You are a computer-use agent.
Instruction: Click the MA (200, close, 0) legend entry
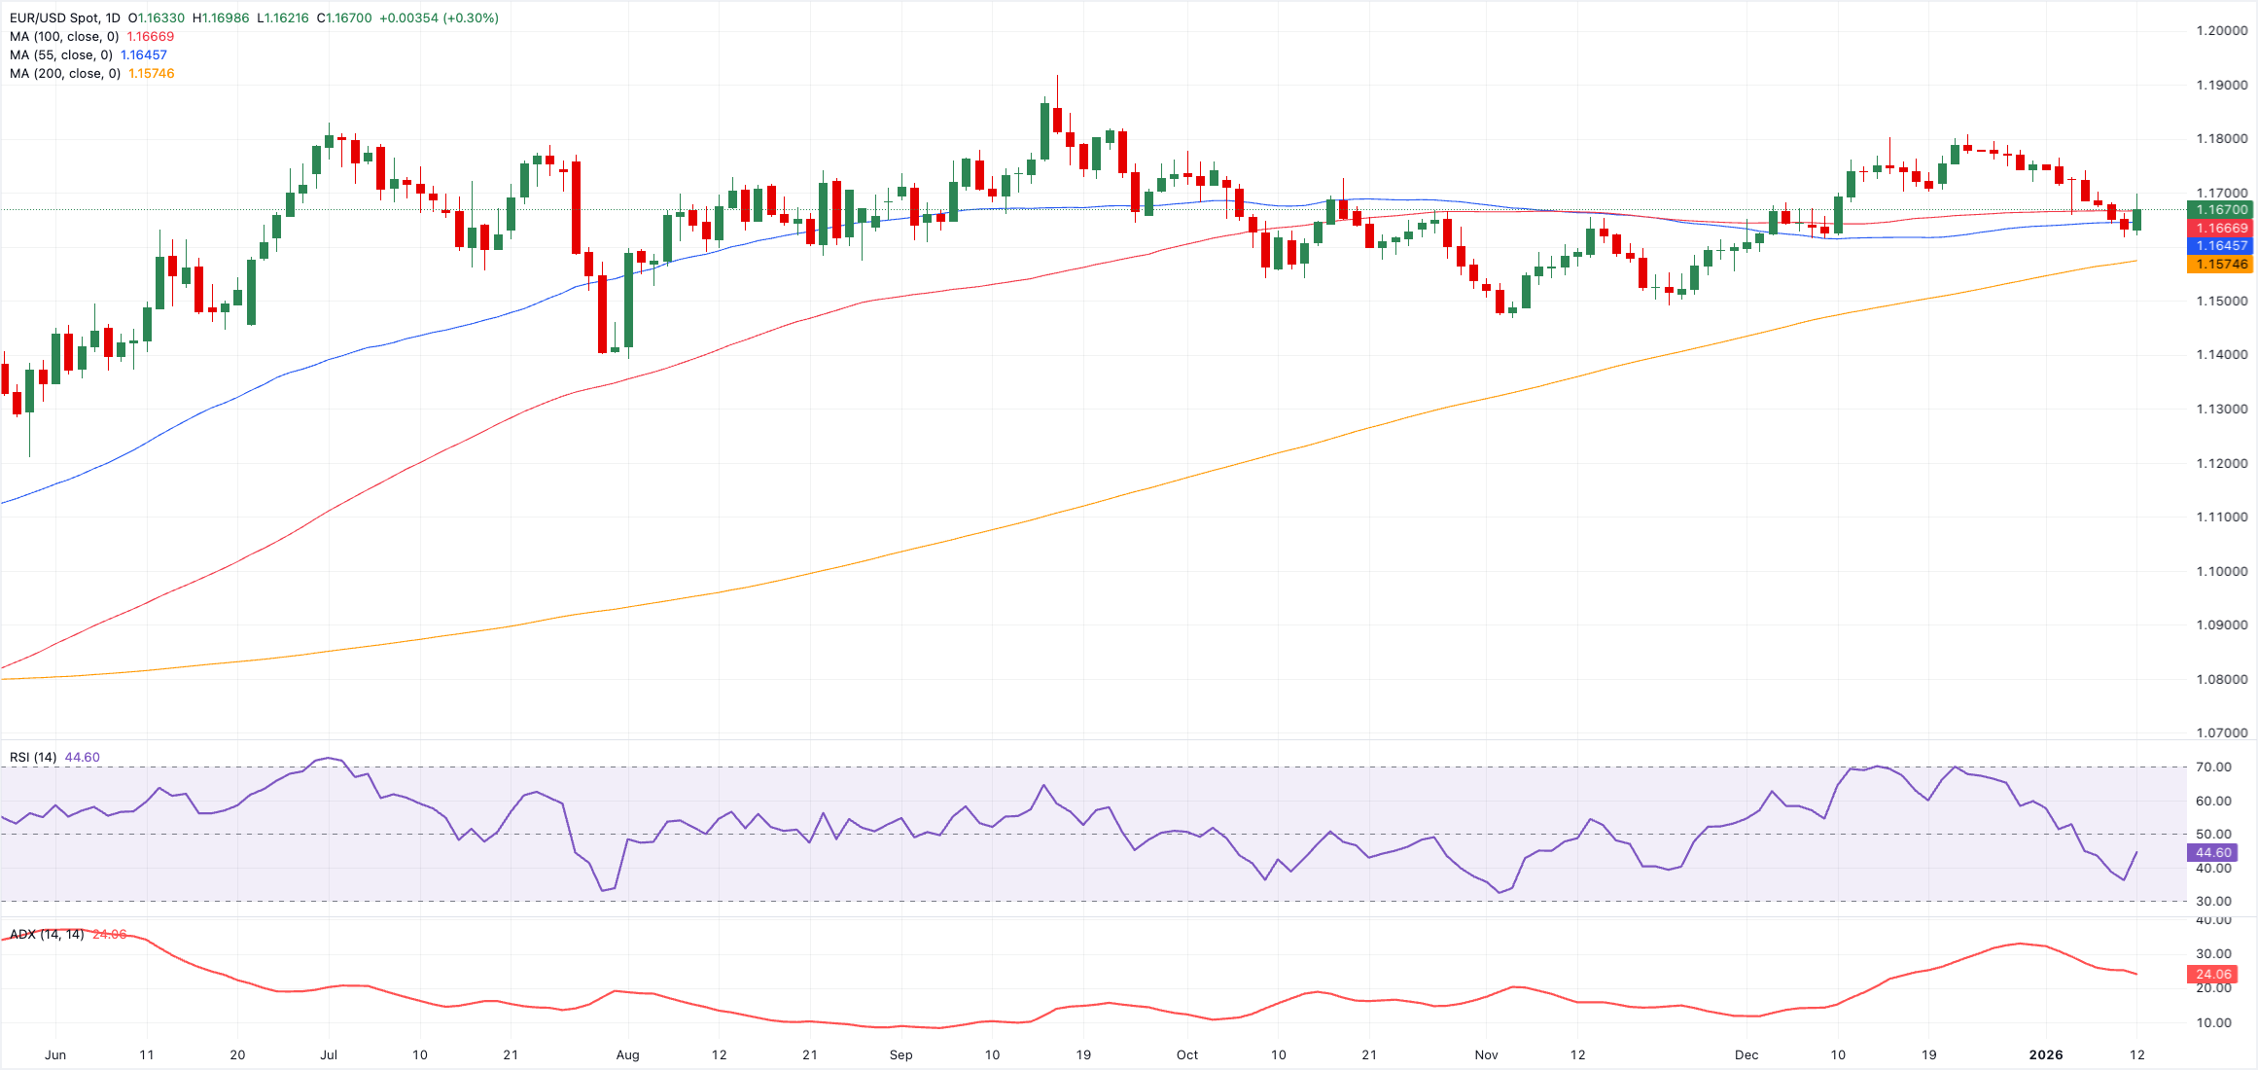[x=64, y=74]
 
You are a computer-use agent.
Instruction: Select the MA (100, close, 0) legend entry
[x=64, y=37]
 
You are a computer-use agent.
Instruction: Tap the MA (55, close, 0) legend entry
[x=60, y=55]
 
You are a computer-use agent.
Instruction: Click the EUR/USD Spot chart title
[x=64, y=18]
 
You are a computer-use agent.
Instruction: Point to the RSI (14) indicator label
[x=33, y=758]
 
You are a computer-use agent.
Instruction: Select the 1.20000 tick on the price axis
[x=2222, y=31]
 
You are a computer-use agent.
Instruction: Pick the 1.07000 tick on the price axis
[x=2222, y=733]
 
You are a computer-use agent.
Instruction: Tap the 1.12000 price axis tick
[x=2222, y=463]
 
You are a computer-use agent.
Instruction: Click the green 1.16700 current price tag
[x=2222, y=210]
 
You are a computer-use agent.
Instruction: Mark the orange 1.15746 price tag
[x=2222, y=265]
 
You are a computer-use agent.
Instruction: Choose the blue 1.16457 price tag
[x=2222, y=246]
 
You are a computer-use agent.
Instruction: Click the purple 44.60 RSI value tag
[x=2212, y=853]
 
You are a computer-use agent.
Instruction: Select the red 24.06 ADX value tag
[x=2212, y=975]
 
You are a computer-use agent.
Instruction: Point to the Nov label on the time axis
[x=1486, y=1055]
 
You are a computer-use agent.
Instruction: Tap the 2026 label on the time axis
[x=2045, y=1055]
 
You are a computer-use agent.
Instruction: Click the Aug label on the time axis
[x=627, y=1055]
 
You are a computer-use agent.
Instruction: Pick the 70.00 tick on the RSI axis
[x=2213, y=767]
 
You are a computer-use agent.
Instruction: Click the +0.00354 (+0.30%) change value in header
[x=439, y=18]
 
